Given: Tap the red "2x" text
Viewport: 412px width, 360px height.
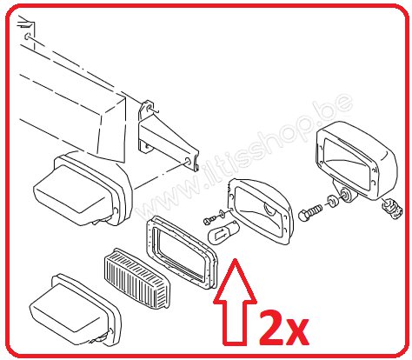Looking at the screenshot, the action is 283,328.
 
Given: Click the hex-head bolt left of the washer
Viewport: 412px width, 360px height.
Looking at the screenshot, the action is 310,213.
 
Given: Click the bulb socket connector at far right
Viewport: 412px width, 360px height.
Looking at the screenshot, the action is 391,207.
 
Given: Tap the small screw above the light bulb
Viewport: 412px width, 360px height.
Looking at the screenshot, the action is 209,220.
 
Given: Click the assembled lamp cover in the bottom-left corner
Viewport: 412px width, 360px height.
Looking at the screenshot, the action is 75,310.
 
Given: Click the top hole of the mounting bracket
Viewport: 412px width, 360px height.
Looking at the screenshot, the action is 150,109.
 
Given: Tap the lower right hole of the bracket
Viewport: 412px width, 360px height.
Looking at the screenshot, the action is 188,161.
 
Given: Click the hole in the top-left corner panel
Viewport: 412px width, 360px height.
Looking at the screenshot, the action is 27,37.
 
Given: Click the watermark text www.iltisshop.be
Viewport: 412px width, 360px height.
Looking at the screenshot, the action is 245,157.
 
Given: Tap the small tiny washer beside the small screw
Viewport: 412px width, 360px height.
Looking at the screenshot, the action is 223,213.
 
